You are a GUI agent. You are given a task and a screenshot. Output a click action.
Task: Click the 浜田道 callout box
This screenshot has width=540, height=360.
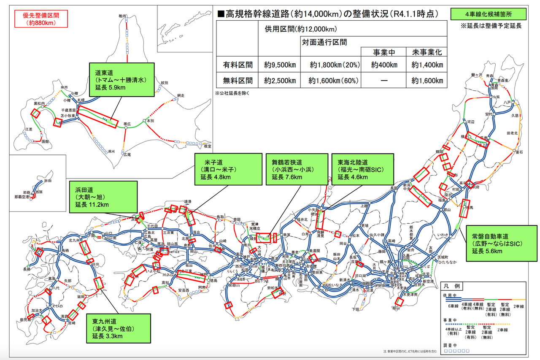click(103, 197)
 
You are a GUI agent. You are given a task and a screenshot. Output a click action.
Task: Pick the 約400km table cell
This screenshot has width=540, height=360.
click(384, 65)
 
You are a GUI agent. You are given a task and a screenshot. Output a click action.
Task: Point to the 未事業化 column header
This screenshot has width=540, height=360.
click(427, 52)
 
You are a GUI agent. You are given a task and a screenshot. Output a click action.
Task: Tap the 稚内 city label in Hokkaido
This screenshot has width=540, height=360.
click(122, 16)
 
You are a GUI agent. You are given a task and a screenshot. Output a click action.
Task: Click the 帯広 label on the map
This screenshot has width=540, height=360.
click(127, 124)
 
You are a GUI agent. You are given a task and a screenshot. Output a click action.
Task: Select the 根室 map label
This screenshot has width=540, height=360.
click(207, 146)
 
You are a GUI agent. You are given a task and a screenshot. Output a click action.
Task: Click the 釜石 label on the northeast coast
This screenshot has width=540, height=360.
click(519, 151)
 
